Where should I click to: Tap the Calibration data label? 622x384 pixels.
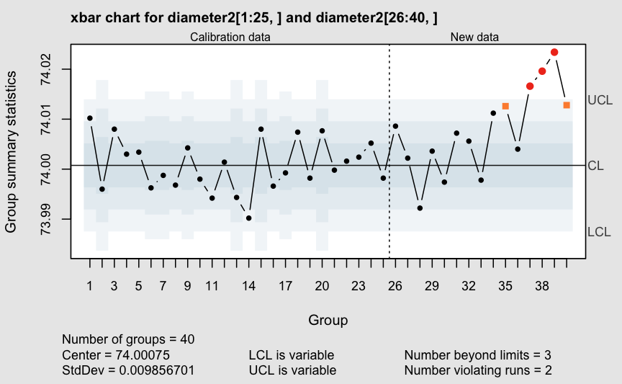tap(230, 37)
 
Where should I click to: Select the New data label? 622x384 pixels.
tap(474, 37)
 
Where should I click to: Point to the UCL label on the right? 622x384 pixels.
tap(600, 100)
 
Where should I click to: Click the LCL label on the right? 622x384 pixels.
tap(599, 232)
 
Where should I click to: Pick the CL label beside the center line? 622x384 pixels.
tap(595, 166)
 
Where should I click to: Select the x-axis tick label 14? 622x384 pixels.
tap(248, 286)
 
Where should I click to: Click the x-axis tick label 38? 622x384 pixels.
tap(542, 286)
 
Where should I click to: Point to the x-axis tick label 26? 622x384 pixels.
tap(395, 286)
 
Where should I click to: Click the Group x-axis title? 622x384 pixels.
tap(328, 319)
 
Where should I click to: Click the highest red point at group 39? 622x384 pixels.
tap(554, 52)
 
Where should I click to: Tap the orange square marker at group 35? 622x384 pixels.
tap(505, 106)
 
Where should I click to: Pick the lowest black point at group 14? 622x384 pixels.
tap(248, 218)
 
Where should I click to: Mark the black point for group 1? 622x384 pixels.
tap(90, 117)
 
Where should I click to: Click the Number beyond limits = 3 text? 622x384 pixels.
tap(477, 355)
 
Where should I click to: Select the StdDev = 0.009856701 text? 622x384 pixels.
tap(128, 370)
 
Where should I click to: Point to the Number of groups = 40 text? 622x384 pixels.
tap(128, 339)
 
